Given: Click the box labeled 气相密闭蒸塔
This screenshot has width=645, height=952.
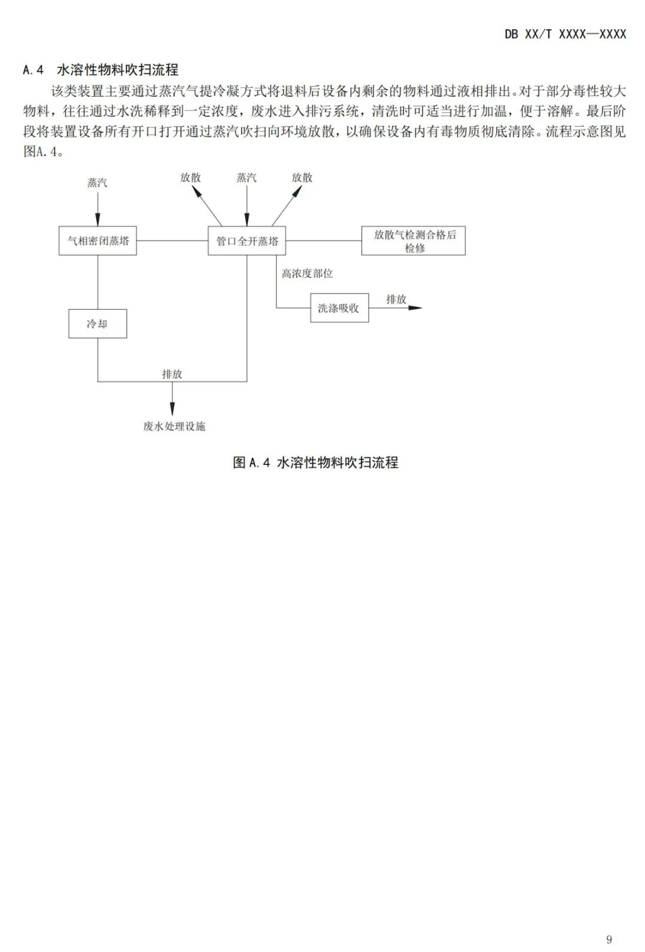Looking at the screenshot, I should (97, 241).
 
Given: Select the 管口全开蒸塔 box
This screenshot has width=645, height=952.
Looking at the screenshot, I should (247, 241).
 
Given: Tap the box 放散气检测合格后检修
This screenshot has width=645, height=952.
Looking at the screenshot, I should (413, 241).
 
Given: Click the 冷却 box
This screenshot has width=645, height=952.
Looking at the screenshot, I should (97, 324).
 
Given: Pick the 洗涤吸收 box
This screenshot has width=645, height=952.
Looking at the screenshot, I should (339, 308).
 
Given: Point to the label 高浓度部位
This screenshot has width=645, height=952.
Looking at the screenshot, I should (307, 273).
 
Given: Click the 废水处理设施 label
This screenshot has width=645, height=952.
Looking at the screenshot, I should (174, 426).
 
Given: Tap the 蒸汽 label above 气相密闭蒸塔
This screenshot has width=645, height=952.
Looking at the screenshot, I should (97, 183).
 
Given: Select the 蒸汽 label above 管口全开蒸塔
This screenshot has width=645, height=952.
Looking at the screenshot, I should (246, 177).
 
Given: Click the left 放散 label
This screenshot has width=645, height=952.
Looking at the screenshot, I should (191, 177).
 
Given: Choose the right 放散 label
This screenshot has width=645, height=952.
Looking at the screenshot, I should (302, 177).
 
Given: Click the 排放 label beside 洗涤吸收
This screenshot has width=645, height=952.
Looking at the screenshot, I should (396, 299).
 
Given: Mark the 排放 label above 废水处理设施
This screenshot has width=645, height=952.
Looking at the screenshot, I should (172, 374).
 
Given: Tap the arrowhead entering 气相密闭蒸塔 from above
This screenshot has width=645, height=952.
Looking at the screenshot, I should (98, 220).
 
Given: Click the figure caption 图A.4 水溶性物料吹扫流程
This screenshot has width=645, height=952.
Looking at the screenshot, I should (315, 463).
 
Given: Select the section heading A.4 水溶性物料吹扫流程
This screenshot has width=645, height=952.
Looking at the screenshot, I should (100, 70).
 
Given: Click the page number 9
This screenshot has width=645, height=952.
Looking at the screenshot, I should (609, 939).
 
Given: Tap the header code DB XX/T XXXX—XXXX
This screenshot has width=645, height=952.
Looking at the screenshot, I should (565, 34).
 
